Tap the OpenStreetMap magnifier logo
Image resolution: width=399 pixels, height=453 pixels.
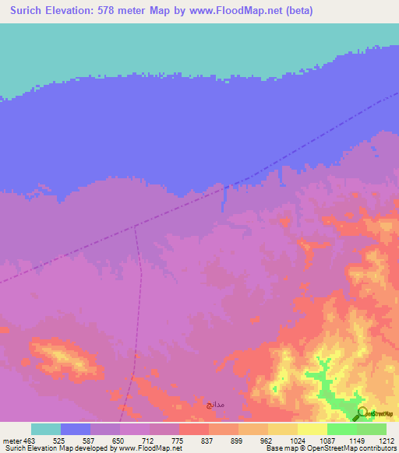coord(362,413)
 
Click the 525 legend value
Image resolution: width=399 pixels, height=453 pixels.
coord(61,441)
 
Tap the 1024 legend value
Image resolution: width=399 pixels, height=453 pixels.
coord(298,441)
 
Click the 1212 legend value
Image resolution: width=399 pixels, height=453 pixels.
coord(387,441)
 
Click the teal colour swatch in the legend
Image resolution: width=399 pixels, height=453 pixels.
coord(46,429)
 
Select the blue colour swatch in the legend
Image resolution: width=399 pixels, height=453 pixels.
coord(76,429)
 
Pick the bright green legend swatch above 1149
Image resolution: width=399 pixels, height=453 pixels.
coord(342,429)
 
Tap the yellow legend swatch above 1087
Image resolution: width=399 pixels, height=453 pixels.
coord(312,429)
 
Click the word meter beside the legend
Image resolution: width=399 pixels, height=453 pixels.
coord(11,441)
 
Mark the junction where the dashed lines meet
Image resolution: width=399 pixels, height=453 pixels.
coord(136,226)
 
